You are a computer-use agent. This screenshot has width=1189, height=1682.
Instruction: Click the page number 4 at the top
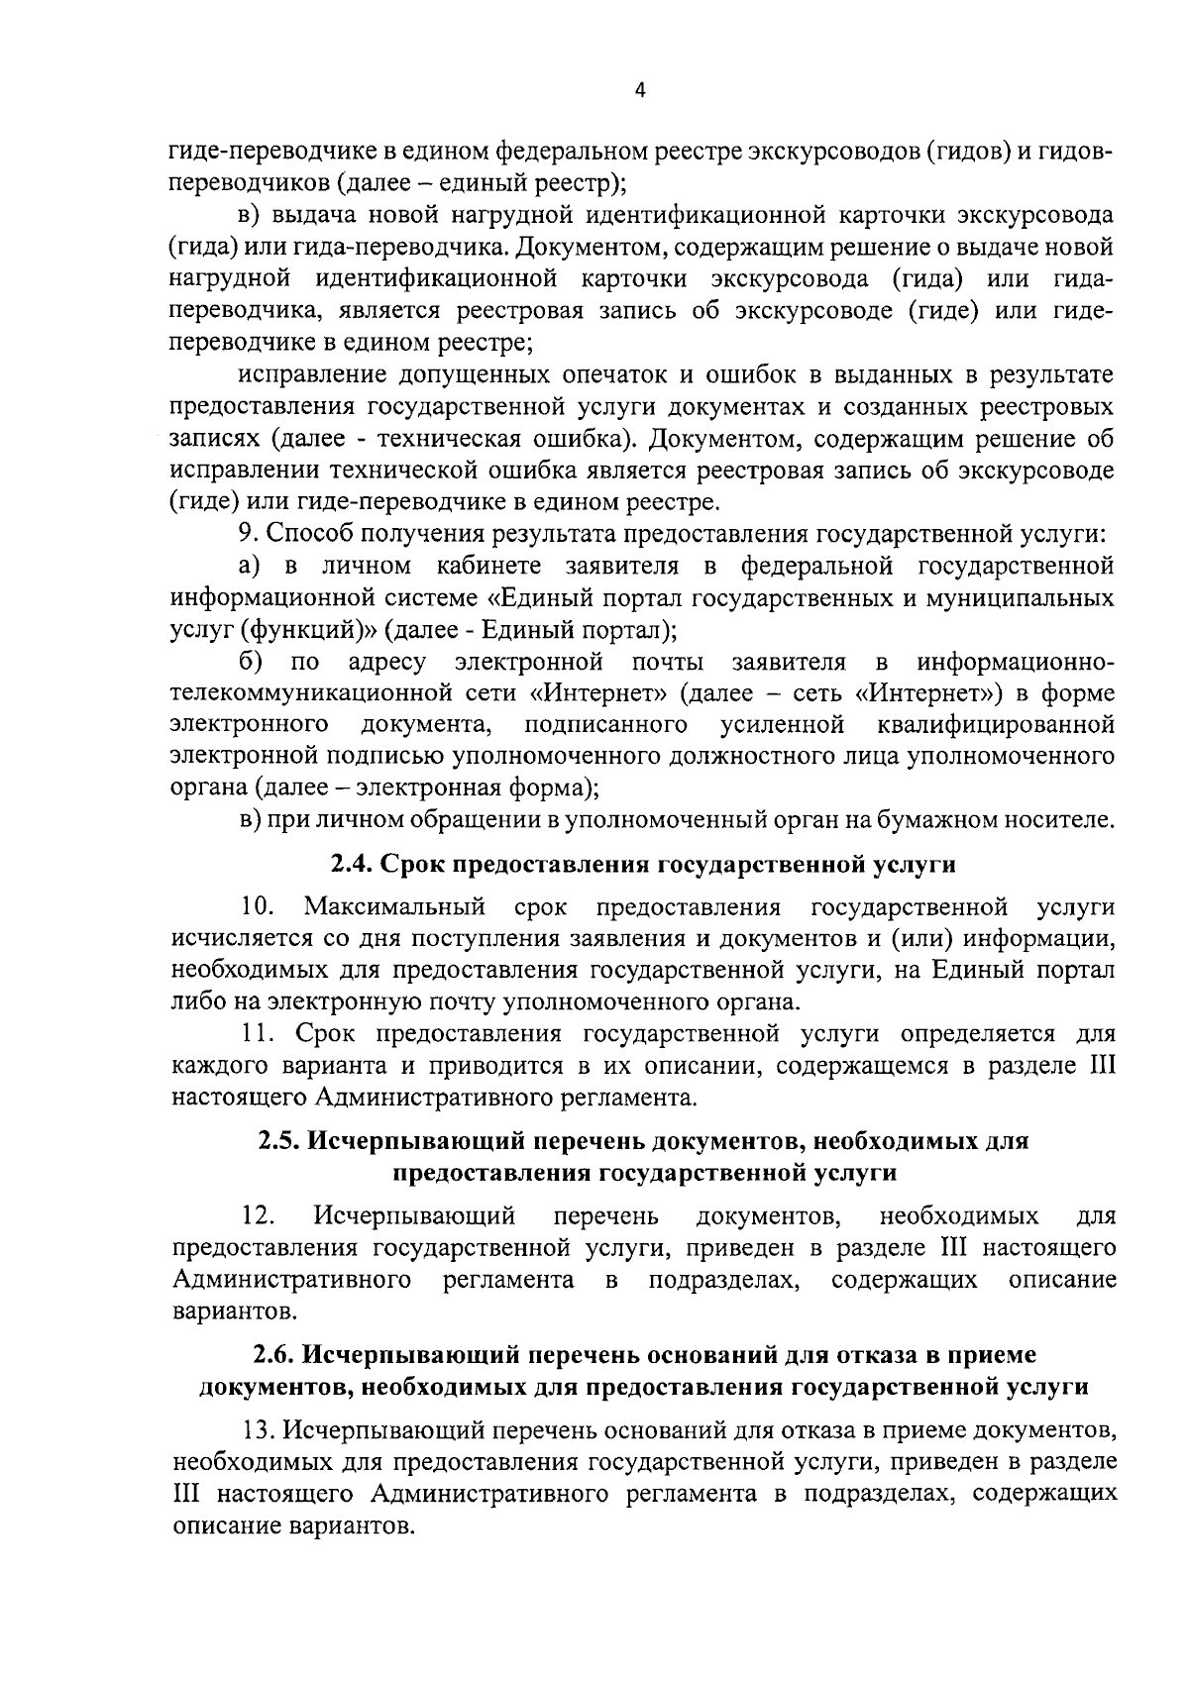tap(639, 90)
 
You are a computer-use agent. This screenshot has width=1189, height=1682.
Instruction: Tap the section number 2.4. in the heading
tap(350, 865)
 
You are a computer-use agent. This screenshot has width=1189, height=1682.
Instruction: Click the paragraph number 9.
tap(247, 534)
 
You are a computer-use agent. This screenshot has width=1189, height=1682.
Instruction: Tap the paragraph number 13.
tap(260, 1428)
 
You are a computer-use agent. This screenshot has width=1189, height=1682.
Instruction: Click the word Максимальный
tap(394, 906)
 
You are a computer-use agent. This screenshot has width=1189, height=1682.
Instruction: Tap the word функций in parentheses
tap(296, 630)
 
